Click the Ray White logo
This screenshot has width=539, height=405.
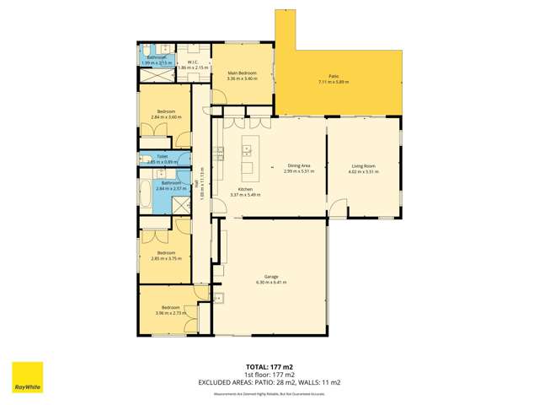point(27,378)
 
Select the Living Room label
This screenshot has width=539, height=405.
point(364,166)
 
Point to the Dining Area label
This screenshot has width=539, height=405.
point(300,166)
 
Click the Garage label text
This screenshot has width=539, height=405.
point(271,276)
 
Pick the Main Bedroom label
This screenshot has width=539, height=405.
point(242,73)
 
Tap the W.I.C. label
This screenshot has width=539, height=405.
point(192,62)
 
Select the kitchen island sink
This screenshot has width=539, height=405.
point(248,151)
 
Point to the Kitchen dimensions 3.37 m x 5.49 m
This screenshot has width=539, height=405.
point(245,195)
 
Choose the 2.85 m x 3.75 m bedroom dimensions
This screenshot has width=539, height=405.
point(164,258)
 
